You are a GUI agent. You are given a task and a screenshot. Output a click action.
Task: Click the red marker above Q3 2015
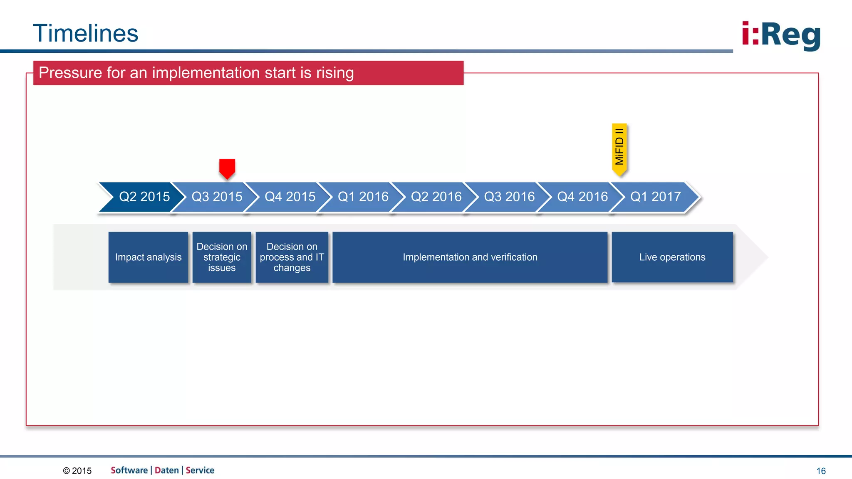[x=227, y=168]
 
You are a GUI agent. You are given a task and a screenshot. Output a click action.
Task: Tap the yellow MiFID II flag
[x=619, y=148]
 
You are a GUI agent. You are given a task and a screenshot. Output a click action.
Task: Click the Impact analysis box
[x=148, y=257]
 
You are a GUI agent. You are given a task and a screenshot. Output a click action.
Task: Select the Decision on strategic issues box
[x=222, y=257]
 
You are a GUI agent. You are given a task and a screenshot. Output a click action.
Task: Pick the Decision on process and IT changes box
[x=292, y=257]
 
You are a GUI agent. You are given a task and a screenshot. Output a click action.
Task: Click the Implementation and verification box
[x=470, y=257]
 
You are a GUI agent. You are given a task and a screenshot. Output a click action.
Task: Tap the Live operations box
[x=672, y=257]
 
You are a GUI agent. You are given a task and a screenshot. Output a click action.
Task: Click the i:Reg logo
[x=781, y=35]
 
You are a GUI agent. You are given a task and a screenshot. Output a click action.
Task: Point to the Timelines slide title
[x=86, y=33]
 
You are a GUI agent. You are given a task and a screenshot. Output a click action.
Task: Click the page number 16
[x=821, y=471]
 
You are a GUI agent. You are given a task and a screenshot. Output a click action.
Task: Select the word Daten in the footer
[x=166, y=470]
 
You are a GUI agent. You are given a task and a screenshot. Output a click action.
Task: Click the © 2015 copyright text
[x=77, y=471]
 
